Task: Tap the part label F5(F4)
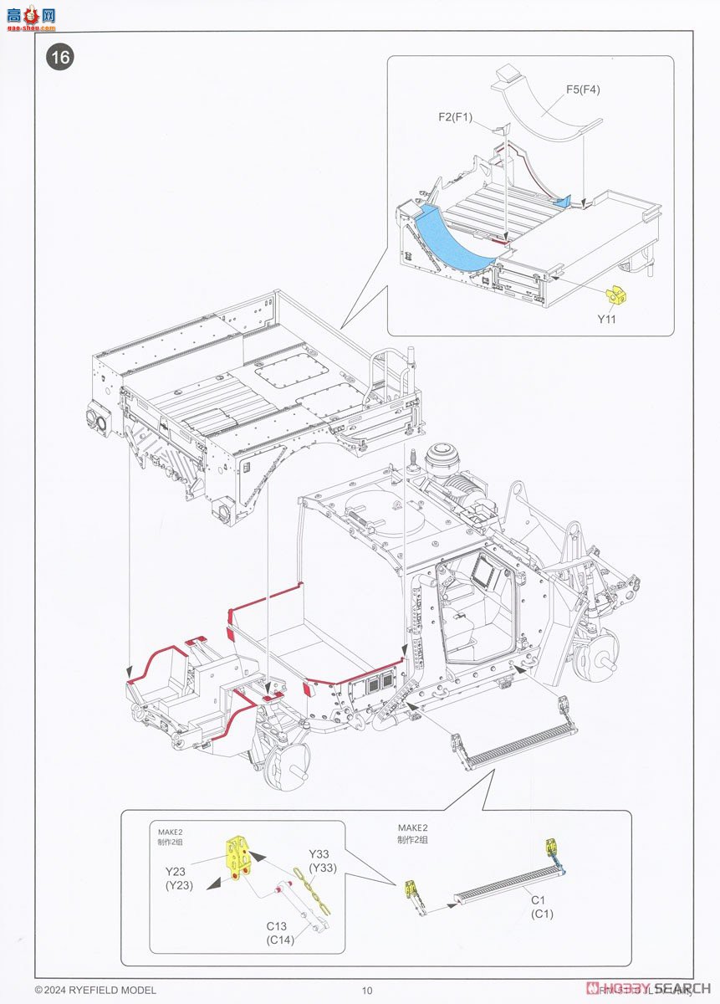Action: tap(582, 90)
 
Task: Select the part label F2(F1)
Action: tap(455, 117)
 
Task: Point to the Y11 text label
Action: tap(606, 320)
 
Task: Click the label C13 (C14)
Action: tap(282, 932)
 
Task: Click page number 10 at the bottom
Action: tap(366, 991)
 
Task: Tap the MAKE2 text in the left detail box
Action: tap(171, 832)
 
